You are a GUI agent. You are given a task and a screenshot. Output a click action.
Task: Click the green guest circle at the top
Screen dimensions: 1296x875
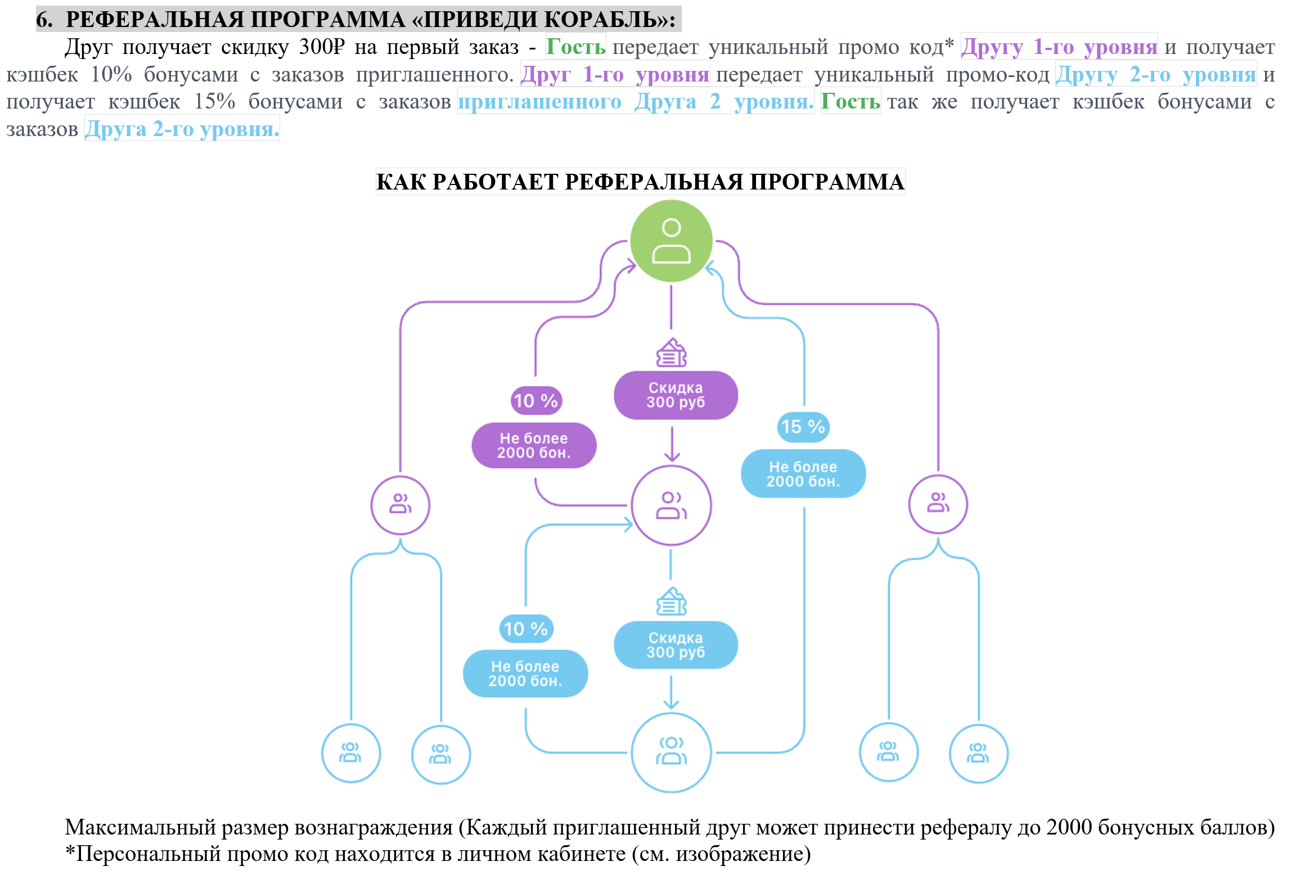click(671, 241)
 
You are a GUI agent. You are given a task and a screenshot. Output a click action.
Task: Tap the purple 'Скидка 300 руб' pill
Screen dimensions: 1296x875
click(676, 395)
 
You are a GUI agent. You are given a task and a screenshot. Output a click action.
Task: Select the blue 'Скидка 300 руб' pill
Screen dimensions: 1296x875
click(676, 645)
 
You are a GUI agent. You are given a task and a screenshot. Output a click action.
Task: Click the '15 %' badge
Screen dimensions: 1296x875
click(803, 426)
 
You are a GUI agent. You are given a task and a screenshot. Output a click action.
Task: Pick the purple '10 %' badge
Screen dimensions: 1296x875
click(536, 400)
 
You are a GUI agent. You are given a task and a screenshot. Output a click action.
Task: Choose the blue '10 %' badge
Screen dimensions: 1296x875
click(526, 629)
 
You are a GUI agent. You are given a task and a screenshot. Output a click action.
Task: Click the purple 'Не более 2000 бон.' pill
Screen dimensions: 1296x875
click(534, 445)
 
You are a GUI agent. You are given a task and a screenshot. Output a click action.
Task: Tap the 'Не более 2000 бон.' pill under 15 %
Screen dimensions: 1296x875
click(803, 473)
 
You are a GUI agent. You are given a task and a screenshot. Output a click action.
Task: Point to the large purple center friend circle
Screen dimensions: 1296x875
click(671, 505)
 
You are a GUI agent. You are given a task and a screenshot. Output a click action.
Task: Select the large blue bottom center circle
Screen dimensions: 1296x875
click(671, 752)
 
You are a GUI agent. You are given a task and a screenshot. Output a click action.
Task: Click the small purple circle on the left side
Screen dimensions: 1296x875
click(400, 505)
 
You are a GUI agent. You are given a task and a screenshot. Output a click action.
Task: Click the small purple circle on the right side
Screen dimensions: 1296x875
click(938, 504)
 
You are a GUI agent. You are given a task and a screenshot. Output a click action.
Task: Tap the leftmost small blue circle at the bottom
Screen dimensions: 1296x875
click(351, 753)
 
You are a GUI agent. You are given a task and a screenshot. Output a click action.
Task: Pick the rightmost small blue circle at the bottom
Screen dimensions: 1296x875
click(978, 754)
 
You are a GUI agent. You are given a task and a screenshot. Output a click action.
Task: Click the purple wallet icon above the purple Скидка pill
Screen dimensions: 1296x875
click(672, 353)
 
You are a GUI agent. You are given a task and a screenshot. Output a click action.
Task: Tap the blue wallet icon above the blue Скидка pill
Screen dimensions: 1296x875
click(672, 602)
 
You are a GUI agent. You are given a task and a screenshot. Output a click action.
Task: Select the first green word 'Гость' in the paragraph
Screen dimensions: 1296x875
click(575, 47)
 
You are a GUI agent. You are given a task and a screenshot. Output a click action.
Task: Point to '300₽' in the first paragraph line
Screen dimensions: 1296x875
click(321, 47)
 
